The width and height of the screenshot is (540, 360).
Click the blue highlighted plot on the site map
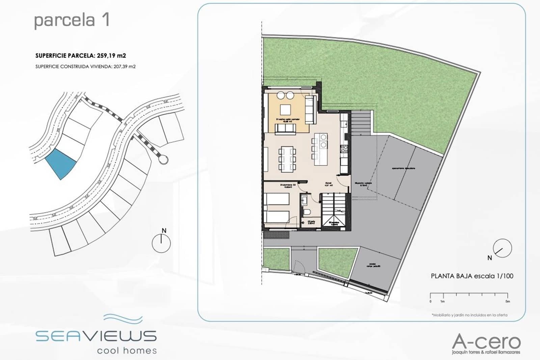pos(60,163)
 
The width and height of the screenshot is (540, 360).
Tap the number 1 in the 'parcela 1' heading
pos(105,20)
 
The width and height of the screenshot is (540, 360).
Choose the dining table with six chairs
pos(288,159)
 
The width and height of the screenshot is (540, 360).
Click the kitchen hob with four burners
pos(345,149)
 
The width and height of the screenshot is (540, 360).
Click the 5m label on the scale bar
pos(508,301)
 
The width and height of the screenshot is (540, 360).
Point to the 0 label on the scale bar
pos(430,301)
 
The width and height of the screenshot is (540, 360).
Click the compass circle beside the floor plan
pos(503,248)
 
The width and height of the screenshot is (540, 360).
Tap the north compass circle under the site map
pos(161,243)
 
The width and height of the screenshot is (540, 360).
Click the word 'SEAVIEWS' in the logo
pos(96,336)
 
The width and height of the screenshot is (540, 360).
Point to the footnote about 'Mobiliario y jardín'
pos(469,315)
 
